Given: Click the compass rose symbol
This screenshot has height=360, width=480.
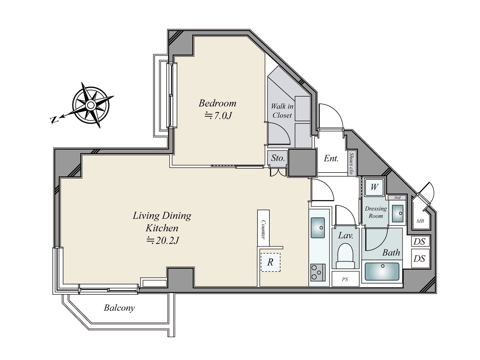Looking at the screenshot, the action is pos(91,105).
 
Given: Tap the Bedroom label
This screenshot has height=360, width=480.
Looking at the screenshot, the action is pos(217,103).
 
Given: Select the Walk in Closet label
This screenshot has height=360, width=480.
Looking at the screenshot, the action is pos(282,111).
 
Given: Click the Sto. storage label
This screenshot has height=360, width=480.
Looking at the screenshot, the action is pos(278,158).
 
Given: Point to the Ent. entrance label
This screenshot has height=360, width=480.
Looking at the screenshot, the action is pos(331,158).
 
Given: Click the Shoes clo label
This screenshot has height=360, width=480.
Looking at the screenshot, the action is pos(351,163).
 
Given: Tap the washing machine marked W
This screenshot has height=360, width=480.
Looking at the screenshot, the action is pos(374,187).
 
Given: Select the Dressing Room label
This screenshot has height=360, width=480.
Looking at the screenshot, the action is pos(376,212).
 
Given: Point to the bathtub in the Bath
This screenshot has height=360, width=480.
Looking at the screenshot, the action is pos(382,271).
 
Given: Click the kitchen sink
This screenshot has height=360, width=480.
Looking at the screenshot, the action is pos(318,227).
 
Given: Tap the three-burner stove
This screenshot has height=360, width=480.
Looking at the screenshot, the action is pos(318,272).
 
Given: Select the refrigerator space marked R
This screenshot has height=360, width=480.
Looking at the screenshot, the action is pos(271,262).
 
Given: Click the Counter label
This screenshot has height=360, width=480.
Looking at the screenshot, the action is pos(263,229).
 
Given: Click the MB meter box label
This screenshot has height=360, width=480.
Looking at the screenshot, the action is pos(420,221).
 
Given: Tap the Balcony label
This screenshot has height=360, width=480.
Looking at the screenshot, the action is pos(119,308).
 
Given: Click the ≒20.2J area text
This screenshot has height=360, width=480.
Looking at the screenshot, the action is pos(163,241).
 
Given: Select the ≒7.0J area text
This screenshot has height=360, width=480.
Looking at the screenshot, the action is pos(218,115).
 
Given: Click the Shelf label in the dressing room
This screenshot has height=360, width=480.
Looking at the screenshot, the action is pos(397,198).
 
